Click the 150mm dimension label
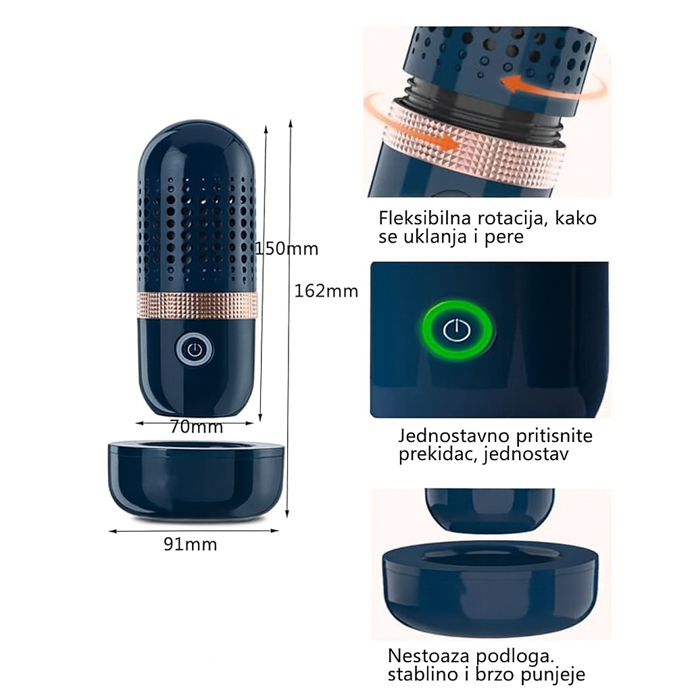click(x=287, y=249)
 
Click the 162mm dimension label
click(x=326, y=291)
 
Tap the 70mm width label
click(x=196, y=427)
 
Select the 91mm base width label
click(x=190, y=544)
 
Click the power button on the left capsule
click(x=194, y=349)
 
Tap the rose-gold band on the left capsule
click(x=197, y=306)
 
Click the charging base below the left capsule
click(x=194, y=479)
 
